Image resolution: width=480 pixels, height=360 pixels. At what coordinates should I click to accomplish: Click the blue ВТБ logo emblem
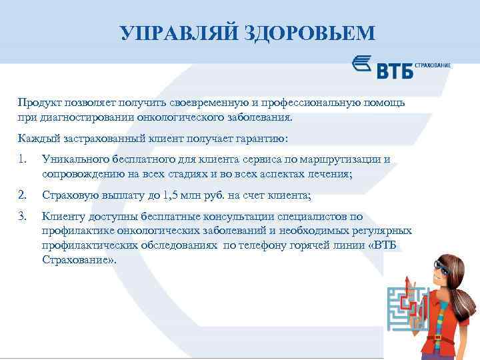[x=363, y=65]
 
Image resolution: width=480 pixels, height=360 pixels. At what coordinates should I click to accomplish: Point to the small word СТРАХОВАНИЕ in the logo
[x=433, y=65]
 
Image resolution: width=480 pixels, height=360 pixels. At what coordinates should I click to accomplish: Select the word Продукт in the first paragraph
[x=39, y=103]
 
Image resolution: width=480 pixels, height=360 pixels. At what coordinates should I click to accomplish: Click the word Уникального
[x=74, y=159]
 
